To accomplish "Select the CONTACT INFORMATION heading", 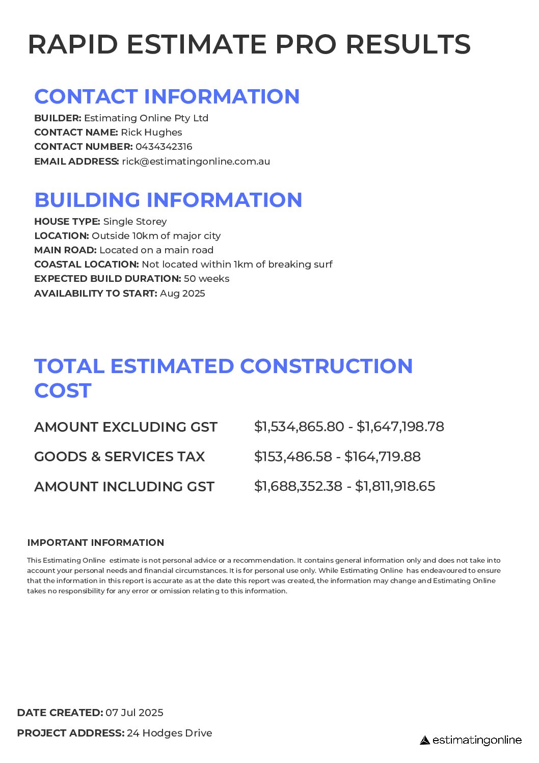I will coord(167,97).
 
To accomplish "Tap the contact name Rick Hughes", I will coord(151,133).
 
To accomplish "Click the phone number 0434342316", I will coord(164,147).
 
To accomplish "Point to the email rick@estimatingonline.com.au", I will coord(196,162).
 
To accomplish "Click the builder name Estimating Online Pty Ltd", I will coord(146,118).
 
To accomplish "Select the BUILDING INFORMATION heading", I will coord(168,200).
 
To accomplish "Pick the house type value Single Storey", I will coord(135,222).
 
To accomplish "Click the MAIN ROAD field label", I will coord(65,250).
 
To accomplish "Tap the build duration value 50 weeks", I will coord(206,279).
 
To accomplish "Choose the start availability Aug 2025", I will coord(182,294).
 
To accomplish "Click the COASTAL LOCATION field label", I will coord(86,265).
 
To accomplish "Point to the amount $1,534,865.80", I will coord(299,427).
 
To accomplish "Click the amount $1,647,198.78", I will coord(400,427).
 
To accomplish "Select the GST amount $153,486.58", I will coord(293,457).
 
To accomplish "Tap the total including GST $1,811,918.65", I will coord(395,486).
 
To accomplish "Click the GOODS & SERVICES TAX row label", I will coord(119,457).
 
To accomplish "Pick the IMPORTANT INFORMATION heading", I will coord(96,543).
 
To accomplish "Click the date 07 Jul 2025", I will coord(134,713).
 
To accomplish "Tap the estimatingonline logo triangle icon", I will coord(425,740).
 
